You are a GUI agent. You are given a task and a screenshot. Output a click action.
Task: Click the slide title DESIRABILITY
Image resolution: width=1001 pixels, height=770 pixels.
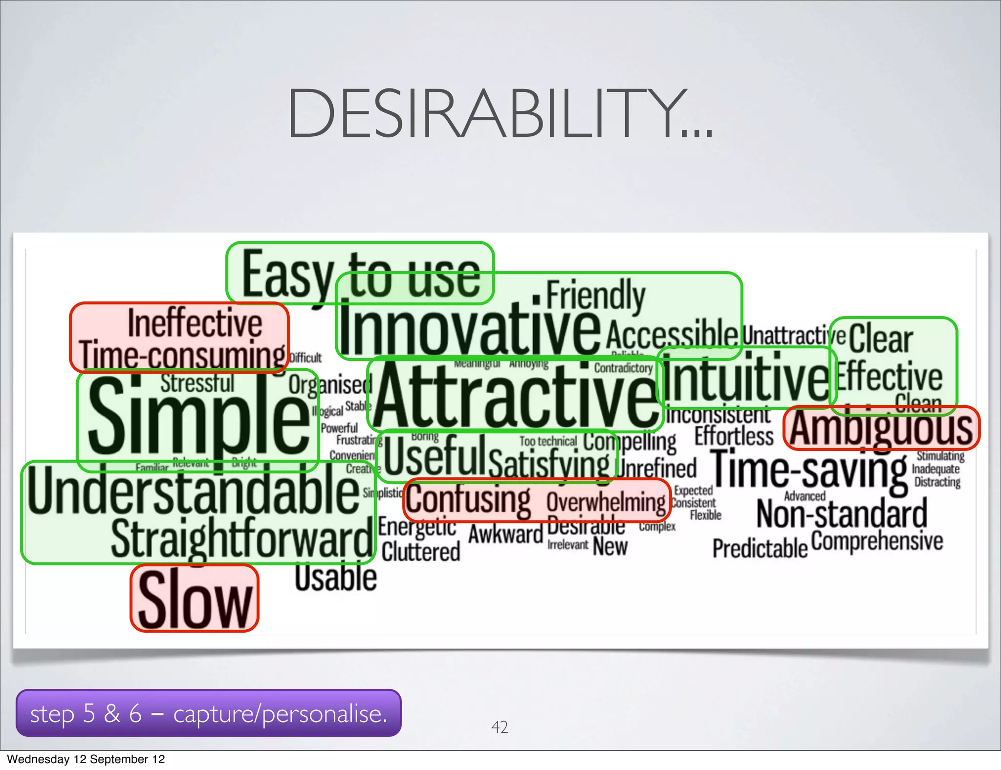pyautogui.click(x=500, y=113)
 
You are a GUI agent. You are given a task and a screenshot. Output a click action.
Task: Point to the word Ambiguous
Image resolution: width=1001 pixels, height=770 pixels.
pyautogui.click(x=881, y=428)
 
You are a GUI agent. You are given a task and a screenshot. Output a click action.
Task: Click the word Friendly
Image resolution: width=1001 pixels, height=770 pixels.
pyautogui.click(x=595, y=295)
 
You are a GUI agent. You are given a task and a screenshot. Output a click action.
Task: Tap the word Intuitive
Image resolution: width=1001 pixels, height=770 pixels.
pyautogui.click(x=745, y=378)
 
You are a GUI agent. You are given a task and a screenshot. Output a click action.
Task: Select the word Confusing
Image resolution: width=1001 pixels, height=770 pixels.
pyautogui.click(x=468, y=500)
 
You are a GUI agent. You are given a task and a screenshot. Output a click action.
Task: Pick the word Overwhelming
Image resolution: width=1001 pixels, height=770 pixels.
pyautogui.click(x=606, y=502)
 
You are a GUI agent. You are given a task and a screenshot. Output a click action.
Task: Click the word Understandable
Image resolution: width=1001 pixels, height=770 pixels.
pyautogui.click(x=193, y=490)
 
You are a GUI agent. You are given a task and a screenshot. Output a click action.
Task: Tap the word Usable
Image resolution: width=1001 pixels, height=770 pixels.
pyautogui.click(x=336, y=577)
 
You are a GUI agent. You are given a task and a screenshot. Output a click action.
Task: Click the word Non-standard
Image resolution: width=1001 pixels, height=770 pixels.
pyautogui.click(x=842, y=514)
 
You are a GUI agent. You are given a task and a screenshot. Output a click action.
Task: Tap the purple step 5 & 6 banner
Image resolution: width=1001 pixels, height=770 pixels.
pyautogui.click(x=209, y=713)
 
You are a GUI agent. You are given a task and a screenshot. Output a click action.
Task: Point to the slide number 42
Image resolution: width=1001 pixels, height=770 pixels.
pyautogui.click(x=500, y=727)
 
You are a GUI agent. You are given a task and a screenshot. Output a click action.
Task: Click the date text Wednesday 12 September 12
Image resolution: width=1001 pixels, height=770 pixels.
pyautogui.click(x=86, y=759)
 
